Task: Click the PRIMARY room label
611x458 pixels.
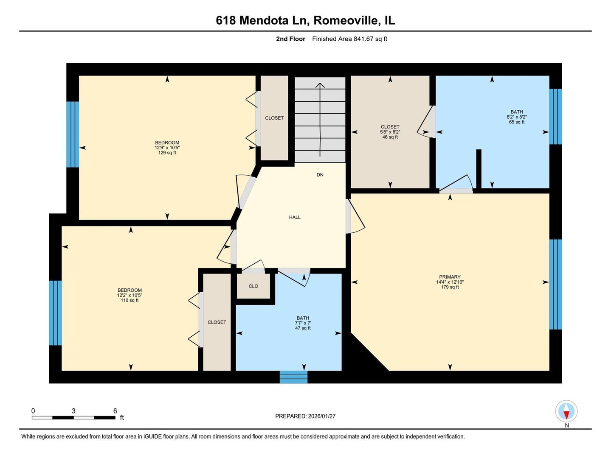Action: [450, 277]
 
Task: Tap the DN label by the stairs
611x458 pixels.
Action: [320, 175]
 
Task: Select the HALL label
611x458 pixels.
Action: [295, 217]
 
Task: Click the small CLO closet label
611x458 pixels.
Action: [253, 286]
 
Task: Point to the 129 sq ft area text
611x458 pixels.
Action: [167, 153]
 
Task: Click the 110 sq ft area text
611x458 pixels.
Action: [130, 300]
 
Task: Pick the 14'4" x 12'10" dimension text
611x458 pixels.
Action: [450, 282]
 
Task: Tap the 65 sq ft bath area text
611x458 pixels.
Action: [517, 122]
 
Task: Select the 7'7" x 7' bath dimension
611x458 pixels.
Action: [303, 323]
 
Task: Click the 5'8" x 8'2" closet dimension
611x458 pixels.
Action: [390, 132]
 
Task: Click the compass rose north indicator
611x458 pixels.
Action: [566, 412]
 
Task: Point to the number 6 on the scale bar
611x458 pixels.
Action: [115, 411]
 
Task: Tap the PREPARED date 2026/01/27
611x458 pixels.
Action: [321, 416]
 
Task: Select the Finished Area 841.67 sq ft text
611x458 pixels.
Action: [349, 39]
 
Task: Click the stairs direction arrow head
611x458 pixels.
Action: [320, 85]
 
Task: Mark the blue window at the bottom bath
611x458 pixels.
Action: [293, 377]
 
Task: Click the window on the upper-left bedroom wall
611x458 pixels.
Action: [73, 134]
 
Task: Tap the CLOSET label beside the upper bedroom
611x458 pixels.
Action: [274, 118]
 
